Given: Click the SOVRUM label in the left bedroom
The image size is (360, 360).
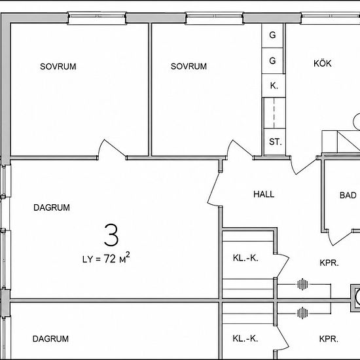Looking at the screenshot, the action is click(58, 67).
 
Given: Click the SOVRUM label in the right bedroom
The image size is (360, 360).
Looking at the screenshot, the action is click(189, 66).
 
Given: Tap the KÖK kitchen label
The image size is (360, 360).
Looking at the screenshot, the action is click(322, 63).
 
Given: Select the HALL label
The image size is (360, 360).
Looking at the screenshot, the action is click(264, 194).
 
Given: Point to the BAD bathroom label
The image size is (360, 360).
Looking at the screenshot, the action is click(348, 196).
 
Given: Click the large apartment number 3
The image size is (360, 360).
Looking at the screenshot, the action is click(111, 235).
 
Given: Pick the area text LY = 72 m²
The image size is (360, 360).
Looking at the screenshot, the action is click(106, 258).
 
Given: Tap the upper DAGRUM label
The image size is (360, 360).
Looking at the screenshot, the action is click(52, 207).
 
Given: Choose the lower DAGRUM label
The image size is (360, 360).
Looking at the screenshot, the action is click(50, 338).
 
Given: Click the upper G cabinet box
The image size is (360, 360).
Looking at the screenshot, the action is click(272, 35).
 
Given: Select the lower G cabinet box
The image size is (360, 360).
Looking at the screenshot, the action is click(272, 61).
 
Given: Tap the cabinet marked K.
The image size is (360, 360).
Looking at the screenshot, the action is click(274, 86).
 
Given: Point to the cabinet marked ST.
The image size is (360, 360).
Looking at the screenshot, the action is click(275, 142).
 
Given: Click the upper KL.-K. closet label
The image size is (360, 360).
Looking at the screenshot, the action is click(245, 258).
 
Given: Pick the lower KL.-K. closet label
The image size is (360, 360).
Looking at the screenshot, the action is click(245, 338).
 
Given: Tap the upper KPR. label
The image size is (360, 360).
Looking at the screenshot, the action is click(329, 263).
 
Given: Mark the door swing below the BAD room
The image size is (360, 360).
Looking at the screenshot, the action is click(340, 237).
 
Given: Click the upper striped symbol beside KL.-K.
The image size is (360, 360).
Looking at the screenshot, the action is click(302, 285).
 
